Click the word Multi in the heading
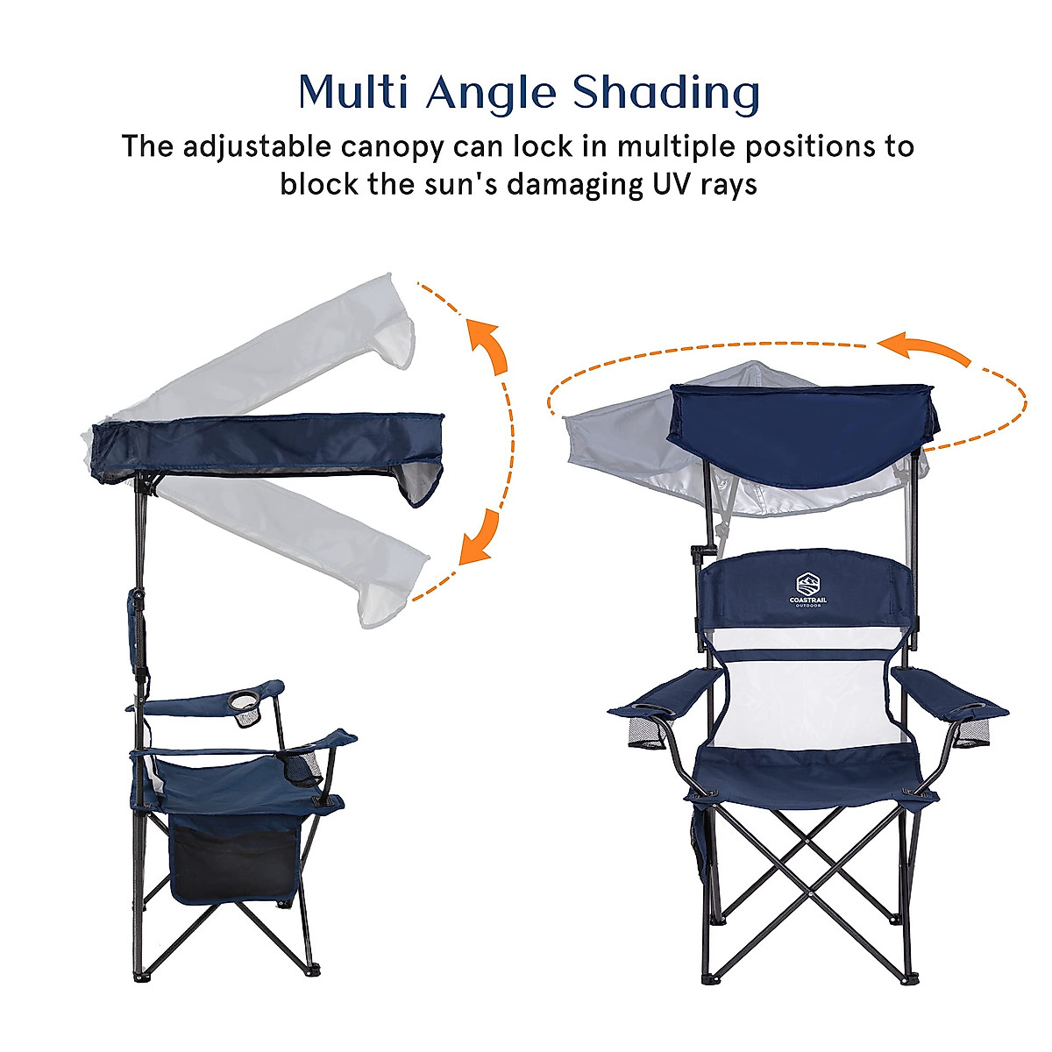pos(353,92)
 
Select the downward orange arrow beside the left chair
pos(480,537)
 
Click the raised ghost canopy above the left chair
pos(281,351)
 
